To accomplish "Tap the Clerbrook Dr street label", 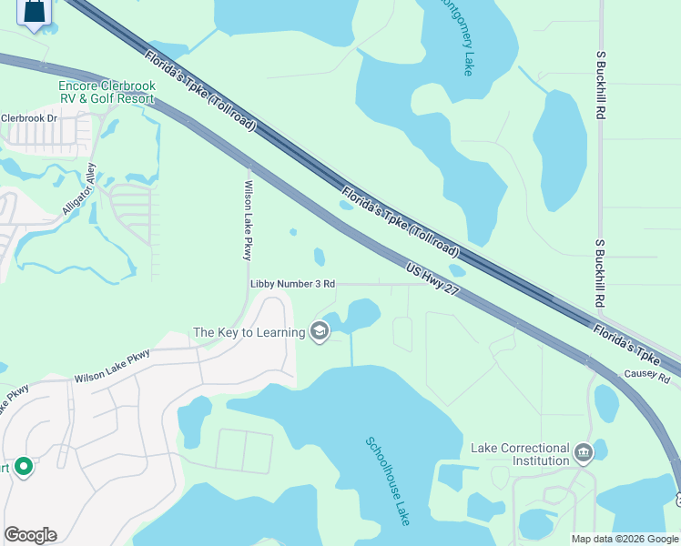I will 28,118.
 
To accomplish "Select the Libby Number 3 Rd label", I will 292,284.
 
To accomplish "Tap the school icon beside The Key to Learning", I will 320,332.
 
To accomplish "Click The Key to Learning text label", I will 249,332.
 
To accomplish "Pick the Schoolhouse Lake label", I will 389,480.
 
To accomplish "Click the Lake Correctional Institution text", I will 520,454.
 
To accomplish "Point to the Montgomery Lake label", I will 456,37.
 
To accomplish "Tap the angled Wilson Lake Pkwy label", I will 112,370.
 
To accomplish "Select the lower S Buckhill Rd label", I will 600,272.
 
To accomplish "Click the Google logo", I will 30,535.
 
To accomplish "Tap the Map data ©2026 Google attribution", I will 625,539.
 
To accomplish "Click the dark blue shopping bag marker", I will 34,12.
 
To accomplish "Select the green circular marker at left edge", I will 23,468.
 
